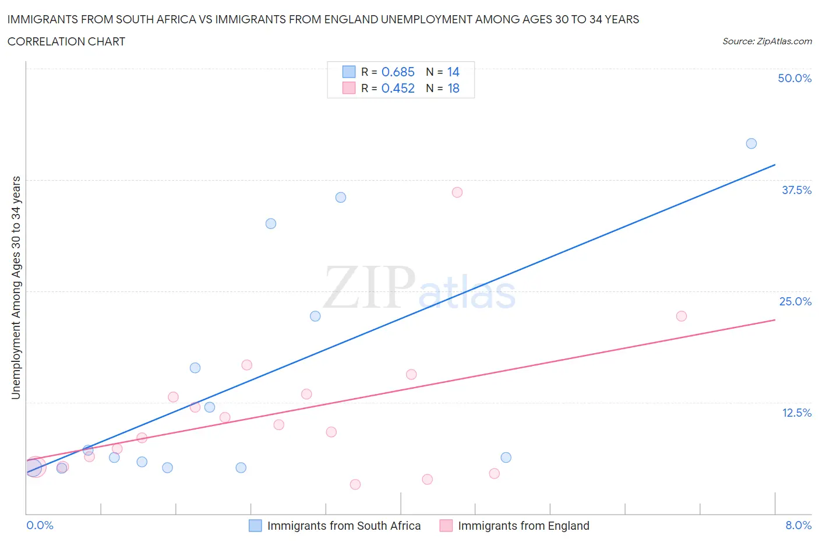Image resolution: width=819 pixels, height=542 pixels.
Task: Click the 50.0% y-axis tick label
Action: pyautogui.click(x=795, y=78)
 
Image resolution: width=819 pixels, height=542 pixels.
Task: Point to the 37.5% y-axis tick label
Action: pyautogui.click(x=796, y=190)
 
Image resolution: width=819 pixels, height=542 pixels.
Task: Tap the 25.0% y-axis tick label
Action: pyautogui.click(x=795, y=301)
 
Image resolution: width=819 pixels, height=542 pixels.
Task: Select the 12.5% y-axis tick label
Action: pyautogui.click(x=796, y=413)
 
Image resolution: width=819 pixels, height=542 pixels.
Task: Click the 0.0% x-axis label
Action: pyautogui.click(x=40, y=525)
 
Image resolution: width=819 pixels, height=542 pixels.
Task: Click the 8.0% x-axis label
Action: pyautogui.click(x=798, y=525)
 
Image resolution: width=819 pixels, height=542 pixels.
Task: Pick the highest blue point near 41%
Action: pyautogui.click(x=751, y=143)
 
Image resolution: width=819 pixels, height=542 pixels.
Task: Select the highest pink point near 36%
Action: pyautogui.click(x=457, y=192)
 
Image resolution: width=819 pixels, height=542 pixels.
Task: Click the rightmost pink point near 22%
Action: pyautogui.click(x=682, y=316)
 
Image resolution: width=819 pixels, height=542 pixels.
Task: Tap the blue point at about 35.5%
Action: pyautogui.click(x=341, y=198)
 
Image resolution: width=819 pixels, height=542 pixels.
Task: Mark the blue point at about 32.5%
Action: pyautogui.click(x=271, y=224)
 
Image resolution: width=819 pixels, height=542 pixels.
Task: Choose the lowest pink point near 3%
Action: pyautogui.click(x=355, y=484)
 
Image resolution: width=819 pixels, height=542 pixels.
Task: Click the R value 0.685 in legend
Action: pyautogui.click(x=398, y=72)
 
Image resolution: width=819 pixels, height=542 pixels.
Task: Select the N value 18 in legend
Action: pyautogui.click(x=453, y=88)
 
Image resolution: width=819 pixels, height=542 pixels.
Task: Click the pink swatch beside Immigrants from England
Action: pyautogui.click(x=446, y=526)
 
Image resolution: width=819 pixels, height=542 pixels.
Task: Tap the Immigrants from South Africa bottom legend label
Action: pyautogui.click(x=344, y=526)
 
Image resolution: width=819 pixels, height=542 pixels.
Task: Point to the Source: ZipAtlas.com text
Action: pyautogui.click(x=767, y=41)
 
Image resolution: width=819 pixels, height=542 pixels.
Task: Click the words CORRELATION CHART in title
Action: pyautogui.click(x=66, y=41)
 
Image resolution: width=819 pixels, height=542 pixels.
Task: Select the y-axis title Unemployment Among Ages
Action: pyautogui.click(x=16, y=287)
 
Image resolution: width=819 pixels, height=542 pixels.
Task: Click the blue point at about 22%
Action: pyautogui.click(x=315, y=316)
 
